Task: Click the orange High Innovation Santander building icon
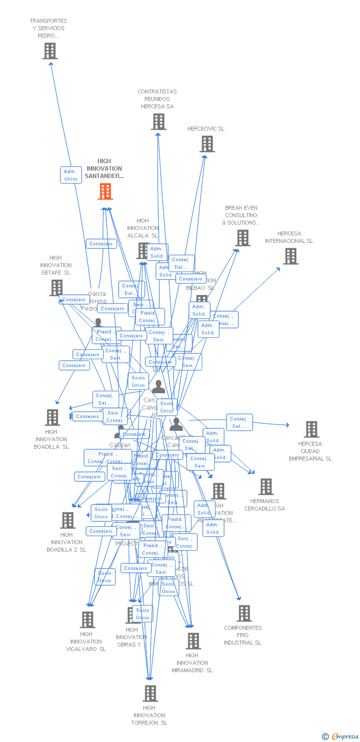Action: pos(105,191)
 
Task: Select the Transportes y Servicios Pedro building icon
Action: pos(49,51)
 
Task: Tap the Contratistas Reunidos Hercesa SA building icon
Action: pos(158,122)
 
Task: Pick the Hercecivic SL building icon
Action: pos(207,144)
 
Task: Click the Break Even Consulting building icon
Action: pos(242,238)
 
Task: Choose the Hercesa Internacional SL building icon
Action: pos(290,256)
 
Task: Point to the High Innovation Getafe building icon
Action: pos(56,287)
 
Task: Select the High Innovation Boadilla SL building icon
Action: pos(52,417)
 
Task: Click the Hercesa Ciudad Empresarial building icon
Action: pos(311,429)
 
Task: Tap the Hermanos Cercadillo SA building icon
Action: pos(266,487)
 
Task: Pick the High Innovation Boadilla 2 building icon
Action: pos(67,520)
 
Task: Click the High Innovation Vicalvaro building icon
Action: pos(87,620)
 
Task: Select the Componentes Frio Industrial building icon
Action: pos(244,613)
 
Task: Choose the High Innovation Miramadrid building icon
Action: pos(193,641)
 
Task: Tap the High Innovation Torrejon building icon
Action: pos(150,694)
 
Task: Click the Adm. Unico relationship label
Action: pos(71,175)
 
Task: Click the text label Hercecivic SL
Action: pos(206,129)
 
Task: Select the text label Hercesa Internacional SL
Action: pos(289,237)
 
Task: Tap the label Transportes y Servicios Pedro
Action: pos(48,28)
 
